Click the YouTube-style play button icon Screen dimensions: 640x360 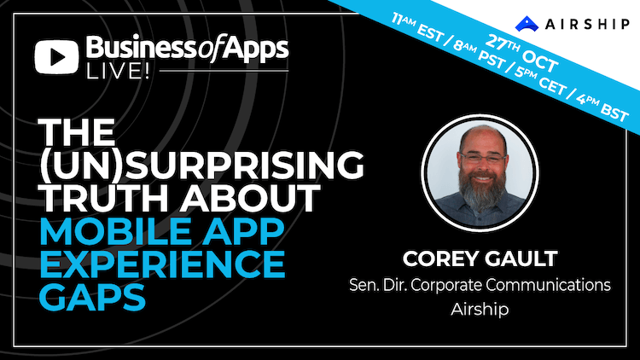(x=56, y=57)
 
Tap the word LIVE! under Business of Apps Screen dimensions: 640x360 (x=118, y=71)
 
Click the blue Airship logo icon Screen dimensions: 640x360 (x=527, y=24)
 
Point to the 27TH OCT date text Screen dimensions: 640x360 (x=521, y=54)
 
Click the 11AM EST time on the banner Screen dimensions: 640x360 (x=416, y=27)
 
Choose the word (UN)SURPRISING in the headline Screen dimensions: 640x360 (x=201, y=165)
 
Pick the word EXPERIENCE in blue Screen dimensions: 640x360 (x=162, y=264)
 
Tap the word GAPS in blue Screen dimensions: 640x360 (x=92, y=297)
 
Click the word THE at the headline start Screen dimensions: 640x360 (x=77, y=132)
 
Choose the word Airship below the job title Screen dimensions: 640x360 (x=480, y=309)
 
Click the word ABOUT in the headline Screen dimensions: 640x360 (x=250, y=199)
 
